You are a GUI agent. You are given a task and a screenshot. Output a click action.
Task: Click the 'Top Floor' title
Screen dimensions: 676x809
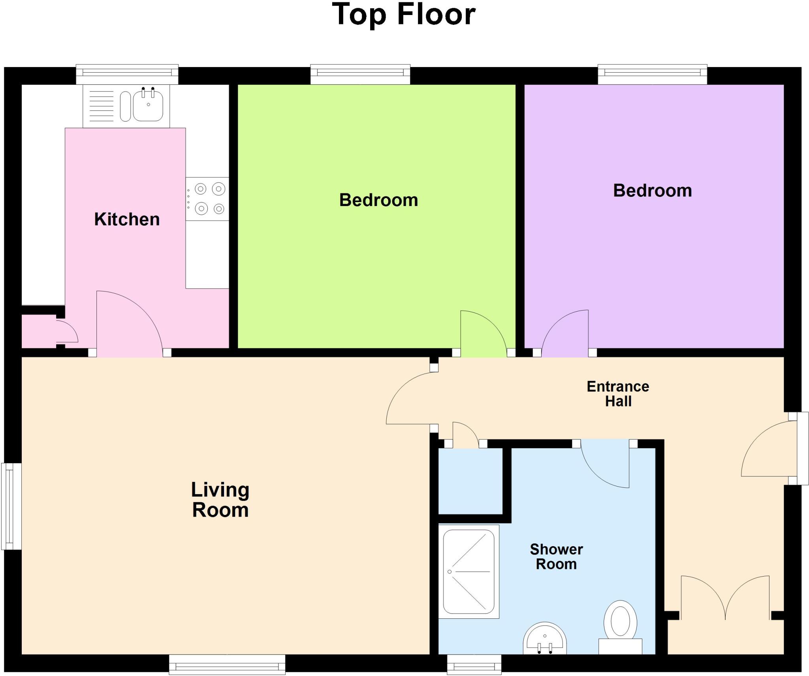(404, 15)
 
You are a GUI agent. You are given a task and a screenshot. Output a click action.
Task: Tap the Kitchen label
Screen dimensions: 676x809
(127, 219)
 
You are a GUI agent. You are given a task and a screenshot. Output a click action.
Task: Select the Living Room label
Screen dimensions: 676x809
(220, 500)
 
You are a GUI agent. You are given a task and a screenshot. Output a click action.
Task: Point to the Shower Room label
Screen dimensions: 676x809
(556, 556)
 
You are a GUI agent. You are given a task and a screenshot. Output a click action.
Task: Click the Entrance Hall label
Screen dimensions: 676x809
(618, 394)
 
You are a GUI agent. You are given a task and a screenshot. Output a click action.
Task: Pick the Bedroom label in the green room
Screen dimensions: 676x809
(378, 200)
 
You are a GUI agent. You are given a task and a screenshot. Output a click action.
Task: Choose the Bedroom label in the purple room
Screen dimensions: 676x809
(652, 191)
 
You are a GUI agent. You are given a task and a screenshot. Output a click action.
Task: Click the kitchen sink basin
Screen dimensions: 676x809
(148, 106)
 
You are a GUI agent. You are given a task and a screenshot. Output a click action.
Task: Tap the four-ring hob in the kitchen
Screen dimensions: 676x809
(208, 198)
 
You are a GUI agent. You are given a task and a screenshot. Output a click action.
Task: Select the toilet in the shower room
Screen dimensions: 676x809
(620, 624)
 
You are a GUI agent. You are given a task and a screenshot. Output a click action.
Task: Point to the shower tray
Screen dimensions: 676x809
(469, 571)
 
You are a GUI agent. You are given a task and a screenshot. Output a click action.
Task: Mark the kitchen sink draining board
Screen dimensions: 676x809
(101, 106)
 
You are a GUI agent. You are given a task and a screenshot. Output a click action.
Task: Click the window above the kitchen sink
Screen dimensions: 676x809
(127, 73)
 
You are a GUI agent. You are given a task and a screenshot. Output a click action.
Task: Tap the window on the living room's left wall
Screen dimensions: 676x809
(11, 506)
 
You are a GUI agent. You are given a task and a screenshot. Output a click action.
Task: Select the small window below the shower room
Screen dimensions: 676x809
(474, 664)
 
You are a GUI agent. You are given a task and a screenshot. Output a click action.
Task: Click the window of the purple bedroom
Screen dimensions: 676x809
(652, 73)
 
